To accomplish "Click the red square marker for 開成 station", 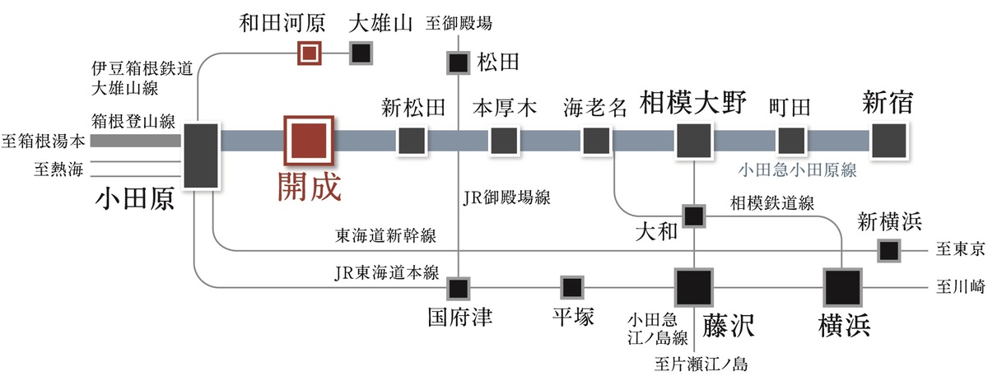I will click(x=309, y=141).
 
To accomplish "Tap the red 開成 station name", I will click(x=308, y=187).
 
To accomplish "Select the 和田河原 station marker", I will click(x=308, y=53).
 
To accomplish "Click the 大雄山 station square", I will click(x=361, y=53).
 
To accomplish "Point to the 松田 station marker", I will click(x=458, y=63).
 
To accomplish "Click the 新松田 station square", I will click(x=411, y=141).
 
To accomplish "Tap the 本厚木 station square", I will click(x=503, y=141).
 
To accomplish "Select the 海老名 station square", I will click(x=595, y=141).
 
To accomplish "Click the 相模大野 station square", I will click(x=693, y=141).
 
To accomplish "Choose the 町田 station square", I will click(x=791, y=141).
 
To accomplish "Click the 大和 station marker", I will click(x=694, y=216).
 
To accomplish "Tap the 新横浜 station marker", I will click(x=888, y=249).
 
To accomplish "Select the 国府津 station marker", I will click(x=458, y=288).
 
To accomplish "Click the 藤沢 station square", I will click(x=693, y=287).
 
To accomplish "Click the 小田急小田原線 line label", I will click(x=797, y=170).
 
